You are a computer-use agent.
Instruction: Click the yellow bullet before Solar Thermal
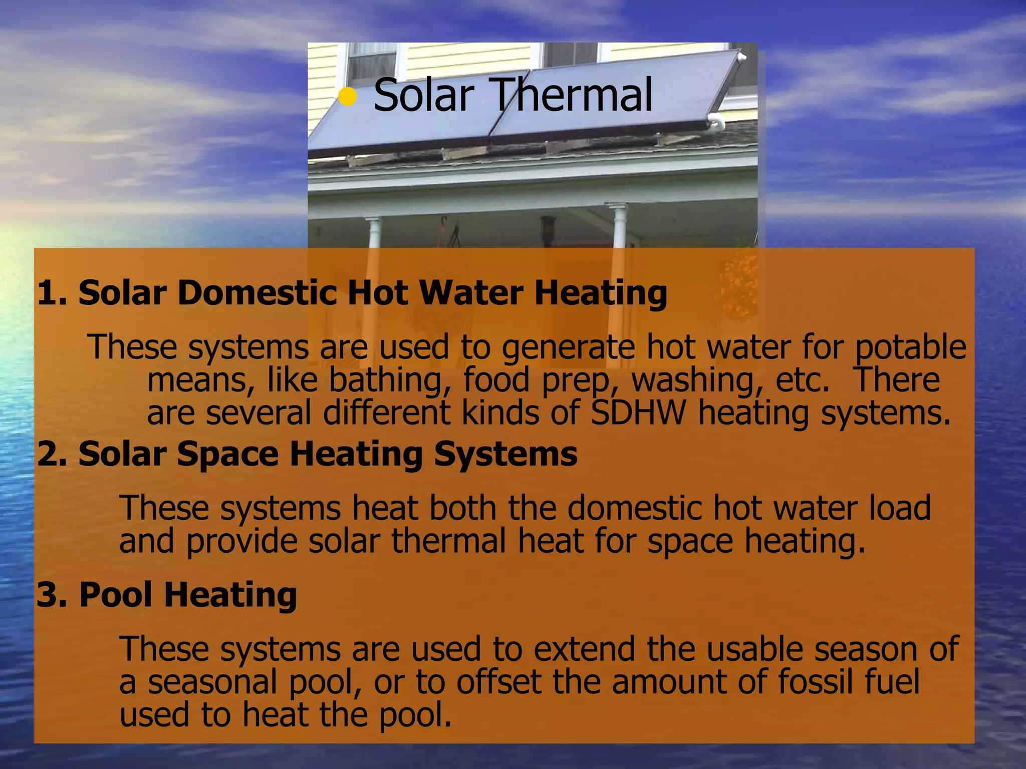347,97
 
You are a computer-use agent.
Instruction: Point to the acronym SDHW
638,413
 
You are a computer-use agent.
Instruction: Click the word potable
910,347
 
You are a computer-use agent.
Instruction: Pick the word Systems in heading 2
505,454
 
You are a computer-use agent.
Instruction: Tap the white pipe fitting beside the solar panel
716,120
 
